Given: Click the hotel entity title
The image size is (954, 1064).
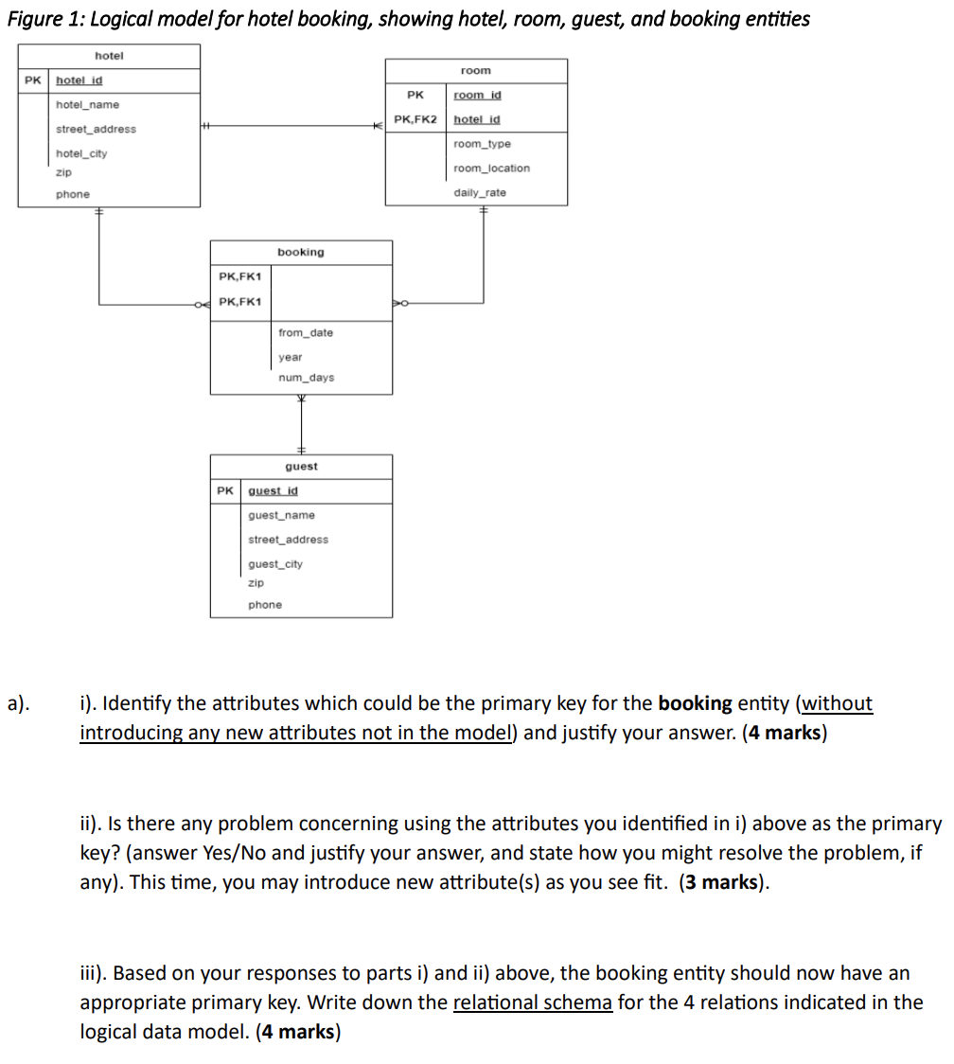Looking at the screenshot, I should coord(109,57).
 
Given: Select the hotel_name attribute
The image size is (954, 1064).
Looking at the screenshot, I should coord(87,105).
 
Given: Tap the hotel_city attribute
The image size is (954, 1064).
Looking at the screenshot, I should coord(81,153).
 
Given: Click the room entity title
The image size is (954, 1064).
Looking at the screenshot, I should coord(476,71).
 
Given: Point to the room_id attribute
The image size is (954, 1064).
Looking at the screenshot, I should coord(477,96).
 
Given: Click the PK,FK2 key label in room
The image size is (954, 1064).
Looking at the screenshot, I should coord(415,119).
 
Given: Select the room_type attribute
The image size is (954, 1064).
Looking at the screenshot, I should coord(482,144).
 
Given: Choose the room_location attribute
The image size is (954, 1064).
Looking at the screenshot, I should coord(491,168).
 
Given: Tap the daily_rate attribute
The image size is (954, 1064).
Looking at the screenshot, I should coord(480,193).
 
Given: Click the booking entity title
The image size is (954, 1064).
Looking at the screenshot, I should coord(300,253).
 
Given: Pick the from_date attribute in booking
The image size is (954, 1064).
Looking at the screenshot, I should coord(306,333).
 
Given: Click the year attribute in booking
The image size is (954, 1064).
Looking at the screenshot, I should coord(291,358).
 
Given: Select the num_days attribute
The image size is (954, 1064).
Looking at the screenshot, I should coord(306,378).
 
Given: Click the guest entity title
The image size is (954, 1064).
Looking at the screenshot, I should coord(301,467).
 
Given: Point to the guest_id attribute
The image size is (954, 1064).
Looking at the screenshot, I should coord(273,491).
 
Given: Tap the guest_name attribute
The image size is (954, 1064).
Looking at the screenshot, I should coord(281,516).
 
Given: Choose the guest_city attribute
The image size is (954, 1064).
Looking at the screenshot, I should coord(275,564).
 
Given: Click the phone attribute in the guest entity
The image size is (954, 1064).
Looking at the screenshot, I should coord(265,605).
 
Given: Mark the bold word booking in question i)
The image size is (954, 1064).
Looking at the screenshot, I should coord(695,703).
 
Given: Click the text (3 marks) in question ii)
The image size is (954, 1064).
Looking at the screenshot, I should coord(723,882).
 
